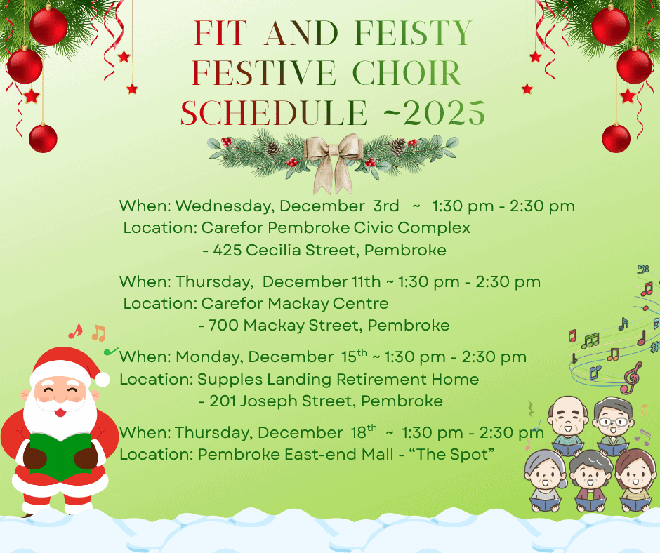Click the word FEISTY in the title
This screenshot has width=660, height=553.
click(x=414, y=32)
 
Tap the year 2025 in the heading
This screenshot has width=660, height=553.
click(x=444, y=113)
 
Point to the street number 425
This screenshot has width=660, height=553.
click(x=227, y=250)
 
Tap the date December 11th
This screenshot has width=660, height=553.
click(x=321, y=281)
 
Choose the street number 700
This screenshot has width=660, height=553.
click(x=223, y=326)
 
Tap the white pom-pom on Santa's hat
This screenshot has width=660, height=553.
click(x=102, y=379)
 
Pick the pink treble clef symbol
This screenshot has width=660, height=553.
click(x=632, y=378)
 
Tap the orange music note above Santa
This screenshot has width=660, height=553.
click(x=99, y=333)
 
